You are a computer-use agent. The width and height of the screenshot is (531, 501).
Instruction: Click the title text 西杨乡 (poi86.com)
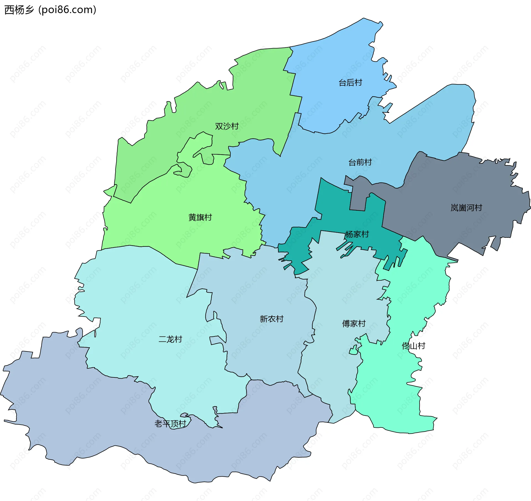coord(50,10)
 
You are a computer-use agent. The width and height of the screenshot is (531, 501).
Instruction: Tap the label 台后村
coord(350,83)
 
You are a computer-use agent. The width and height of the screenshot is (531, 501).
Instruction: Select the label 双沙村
coord(227,126)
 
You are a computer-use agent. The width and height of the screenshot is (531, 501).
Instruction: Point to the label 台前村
coord(360,162)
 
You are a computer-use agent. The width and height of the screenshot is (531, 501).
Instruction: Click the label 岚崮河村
coord(466,208)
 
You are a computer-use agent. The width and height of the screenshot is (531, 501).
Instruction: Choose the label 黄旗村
coord(200,217)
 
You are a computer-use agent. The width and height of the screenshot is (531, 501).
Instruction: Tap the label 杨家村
coord(357,234)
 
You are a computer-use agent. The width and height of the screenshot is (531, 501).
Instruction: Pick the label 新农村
coord(272,319)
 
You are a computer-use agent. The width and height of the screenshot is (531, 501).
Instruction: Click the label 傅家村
coord(354,323)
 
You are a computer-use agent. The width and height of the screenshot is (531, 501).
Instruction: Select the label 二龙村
coord(170,339)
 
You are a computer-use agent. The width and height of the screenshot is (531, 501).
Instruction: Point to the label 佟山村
coord(413,346)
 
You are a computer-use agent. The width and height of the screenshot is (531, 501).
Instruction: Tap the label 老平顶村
coord(170,424)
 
